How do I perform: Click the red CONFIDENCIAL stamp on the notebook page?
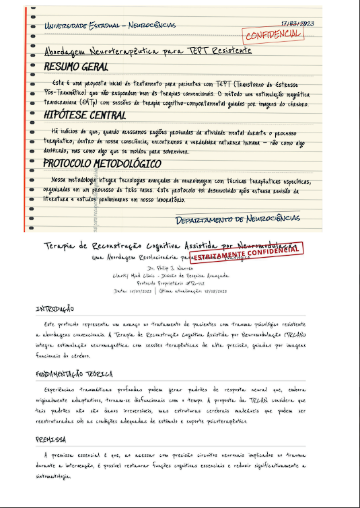click(x=273, y=34)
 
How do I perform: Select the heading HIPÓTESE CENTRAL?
click(x=84, y=116)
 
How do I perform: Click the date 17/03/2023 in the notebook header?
click(x=297, y=24)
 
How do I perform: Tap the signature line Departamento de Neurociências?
click(x=238, y=219)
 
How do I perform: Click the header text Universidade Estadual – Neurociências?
click(x=110, y=26)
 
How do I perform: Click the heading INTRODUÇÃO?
click(x=55, y=310)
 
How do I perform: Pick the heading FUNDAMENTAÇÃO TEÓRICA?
click(x=74, y=374)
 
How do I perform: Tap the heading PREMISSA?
click(x=50, y=439)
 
